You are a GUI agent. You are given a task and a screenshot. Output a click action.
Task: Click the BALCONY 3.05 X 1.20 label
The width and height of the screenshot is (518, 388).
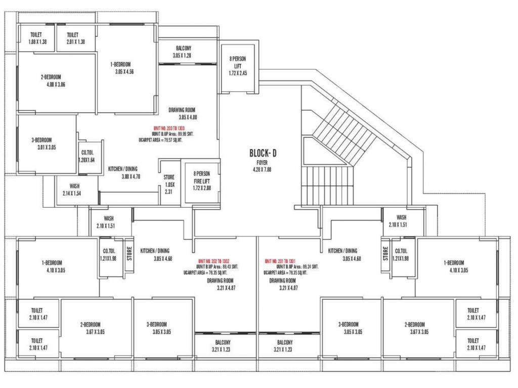click(x=182, y=51)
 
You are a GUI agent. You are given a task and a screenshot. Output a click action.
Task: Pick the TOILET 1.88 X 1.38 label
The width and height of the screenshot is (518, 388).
click(x=37, y=38)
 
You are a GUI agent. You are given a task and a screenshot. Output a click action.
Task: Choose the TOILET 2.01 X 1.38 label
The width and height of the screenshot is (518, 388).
click(x=75, y=38)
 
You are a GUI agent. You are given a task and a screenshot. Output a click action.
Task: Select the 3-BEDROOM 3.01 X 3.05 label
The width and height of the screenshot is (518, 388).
click(x=41, y=143)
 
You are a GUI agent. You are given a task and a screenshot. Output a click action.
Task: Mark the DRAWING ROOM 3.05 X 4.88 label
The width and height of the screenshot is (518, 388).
click(x=182, y=113)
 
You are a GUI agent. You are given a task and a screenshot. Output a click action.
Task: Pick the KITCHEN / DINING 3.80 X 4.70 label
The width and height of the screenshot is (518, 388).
click(x=123, y=173)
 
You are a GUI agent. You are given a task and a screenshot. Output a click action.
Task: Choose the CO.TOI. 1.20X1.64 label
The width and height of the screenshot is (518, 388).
click(x=87, y=156)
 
